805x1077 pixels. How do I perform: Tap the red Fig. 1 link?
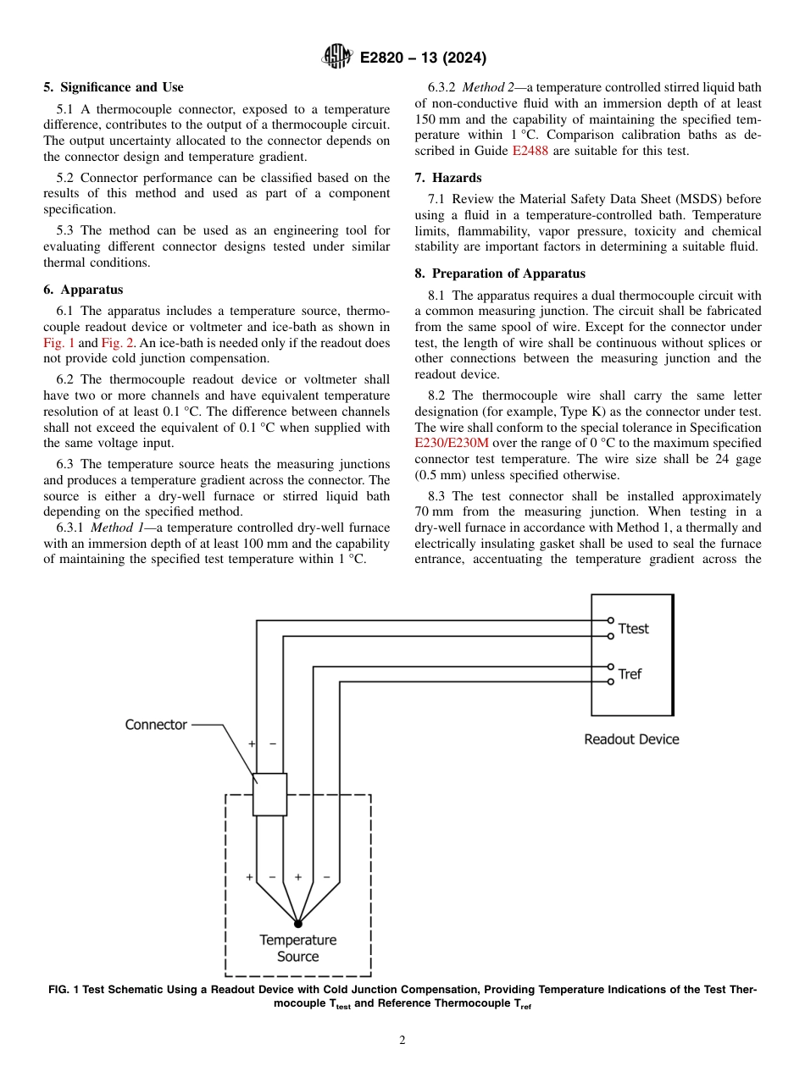[58, 343]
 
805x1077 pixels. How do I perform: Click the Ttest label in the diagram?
[633, 628]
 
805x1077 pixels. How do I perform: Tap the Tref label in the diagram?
[630, 674]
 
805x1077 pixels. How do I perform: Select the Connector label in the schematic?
[156, 725]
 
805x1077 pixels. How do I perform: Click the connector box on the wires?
[269, 794]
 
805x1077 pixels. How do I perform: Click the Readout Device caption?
[631, 739]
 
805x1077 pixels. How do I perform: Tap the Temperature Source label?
[297, 948]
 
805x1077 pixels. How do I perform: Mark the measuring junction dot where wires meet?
[297, 922]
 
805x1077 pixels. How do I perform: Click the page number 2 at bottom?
[402, 1041]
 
